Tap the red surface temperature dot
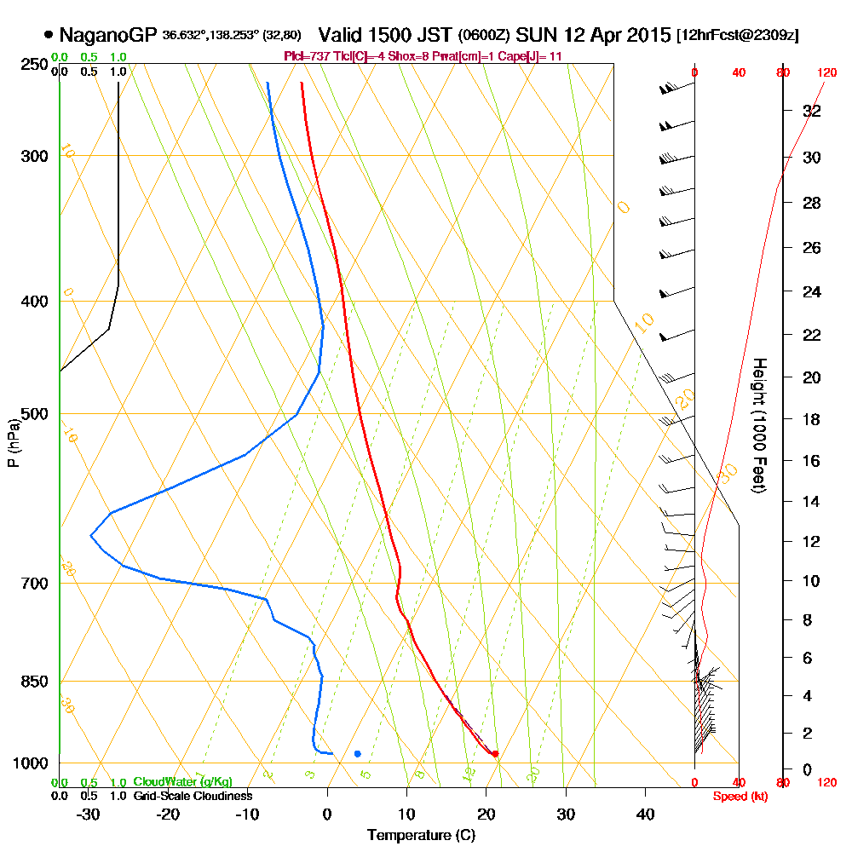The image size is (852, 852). coord(495,753)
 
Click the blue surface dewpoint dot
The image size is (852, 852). coord(358,753)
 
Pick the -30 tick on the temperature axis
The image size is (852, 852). coord(89,814)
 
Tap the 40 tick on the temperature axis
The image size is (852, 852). coord(645,814)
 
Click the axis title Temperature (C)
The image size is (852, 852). coord(422,835)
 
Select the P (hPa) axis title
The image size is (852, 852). coord(13,442)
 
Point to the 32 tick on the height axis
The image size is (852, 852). coord(812,111)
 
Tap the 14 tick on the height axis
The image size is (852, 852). coord(812,501)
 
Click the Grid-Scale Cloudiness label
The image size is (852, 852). coord(193,796)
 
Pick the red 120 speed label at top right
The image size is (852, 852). coord(826,73)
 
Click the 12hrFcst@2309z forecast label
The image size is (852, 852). coord(737,36)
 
